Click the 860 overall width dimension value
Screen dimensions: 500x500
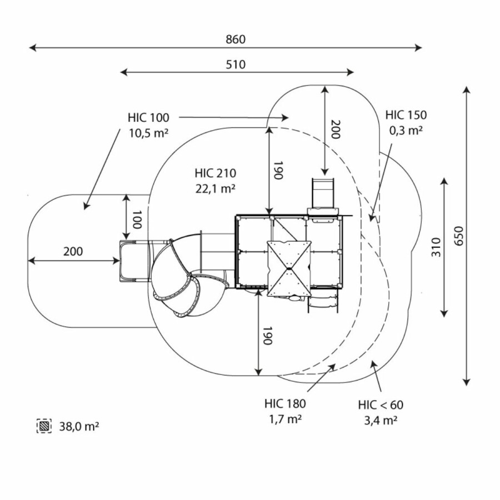(x=236, y=39)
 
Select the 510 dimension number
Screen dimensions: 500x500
(x=236, y=64)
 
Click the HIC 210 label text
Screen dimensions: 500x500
(x=215, y=173)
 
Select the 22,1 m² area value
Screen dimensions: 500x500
(x=215, y=188)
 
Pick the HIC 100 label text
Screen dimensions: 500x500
(x=148, y=118)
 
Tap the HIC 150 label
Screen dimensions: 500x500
(x=406, y=116)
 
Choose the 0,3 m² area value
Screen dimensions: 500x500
(x=406, y=131)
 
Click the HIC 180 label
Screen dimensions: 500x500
(x=285, y=404)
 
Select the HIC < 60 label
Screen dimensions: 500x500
(x=381, y=405)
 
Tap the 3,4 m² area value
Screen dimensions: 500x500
(x=381, y=420)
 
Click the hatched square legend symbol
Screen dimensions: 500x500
(x=44, y=426)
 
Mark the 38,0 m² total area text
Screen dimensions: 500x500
(x=79, y=427)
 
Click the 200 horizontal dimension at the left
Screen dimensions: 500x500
(x=73, y=252)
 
